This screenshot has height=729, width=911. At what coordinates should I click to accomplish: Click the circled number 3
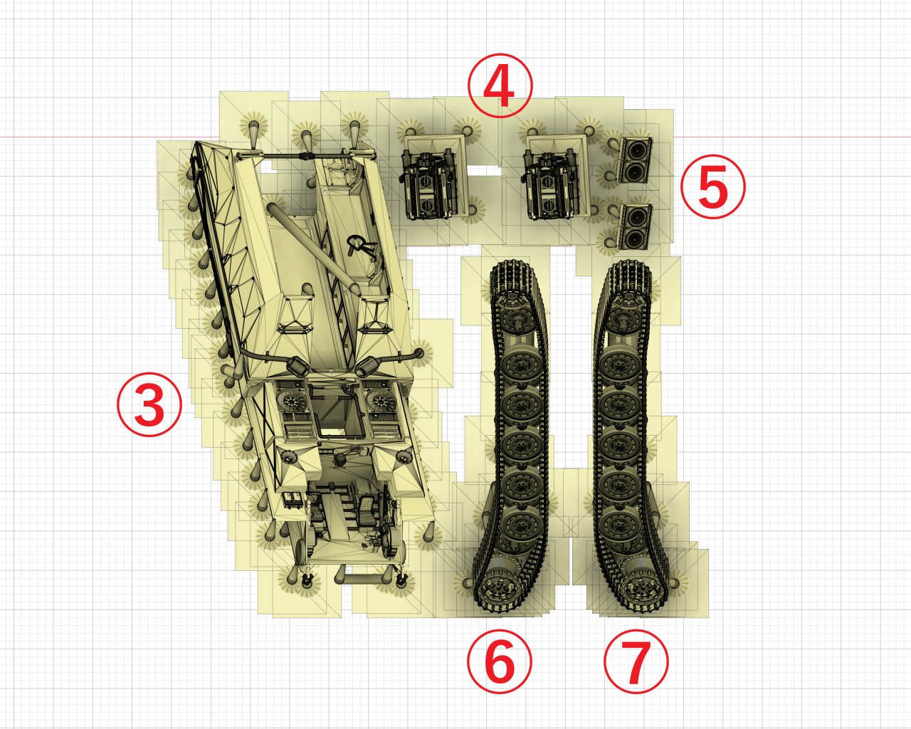click(149, 404)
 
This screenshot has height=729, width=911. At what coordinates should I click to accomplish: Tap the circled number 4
click(500, 85)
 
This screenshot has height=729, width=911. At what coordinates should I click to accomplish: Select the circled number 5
click(713, 187)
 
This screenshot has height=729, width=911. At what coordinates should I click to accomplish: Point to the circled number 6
click(500, 661)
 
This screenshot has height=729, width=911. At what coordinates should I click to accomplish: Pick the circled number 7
click(636, 661)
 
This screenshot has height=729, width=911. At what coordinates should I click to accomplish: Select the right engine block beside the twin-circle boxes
click(552, 184)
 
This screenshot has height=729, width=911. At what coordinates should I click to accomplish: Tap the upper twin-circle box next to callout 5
click(636, 160)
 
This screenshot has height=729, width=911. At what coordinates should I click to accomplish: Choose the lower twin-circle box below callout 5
click(636, 227)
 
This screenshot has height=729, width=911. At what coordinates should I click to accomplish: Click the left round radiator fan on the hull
click(292, 399)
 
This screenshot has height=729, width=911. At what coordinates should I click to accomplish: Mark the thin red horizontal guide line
click(455, 137)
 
